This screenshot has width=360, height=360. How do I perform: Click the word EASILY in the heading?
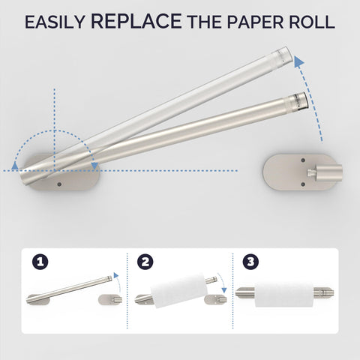54,22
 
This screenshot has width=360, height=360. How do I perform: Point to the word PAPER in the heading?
251,22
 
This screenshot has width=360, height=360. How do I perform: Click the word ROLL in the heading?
310,22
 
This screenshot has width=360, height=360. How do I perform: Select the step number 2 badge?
145,263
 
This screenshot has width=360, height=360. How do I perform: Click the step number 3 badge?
250,263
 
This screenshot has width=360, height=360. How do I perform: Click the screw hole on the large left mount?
60,181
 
